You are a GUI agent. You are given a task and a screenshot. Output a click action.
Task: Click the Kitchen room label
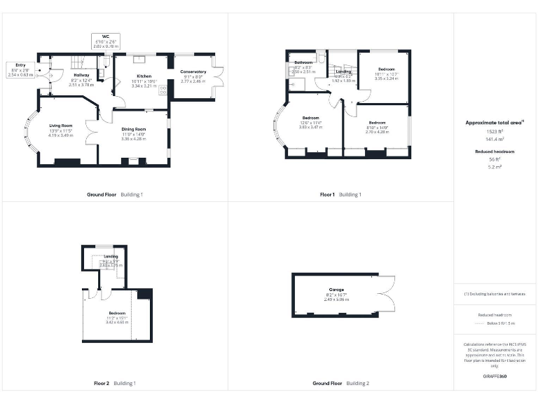point(144,76)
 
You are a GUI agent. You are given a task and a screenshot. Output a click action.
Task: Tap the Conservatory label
point(193,72)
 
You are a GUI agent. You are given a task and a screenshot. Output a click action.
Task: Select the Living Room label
point(61,126)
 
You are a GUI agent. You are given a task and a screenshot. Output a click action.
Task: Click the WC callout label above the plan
point(105,36)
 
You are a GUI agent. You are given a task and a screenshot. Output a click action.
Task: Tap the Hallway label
point(81,75)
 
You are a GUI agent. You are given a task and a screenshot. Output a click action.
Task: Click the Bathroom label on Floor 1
point(303,63)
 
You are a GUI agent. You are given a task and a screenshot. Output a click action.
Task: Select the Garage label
point(337,289)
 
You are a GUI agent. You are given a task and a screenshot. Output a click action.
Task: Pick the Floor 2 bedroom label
point(116,312)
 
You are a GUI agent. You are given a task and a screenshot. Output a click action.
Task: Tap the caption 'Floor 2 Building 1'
point(115,384)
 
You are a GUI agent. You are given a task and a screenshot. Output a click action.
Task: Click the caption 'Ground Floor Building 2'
point(340,384)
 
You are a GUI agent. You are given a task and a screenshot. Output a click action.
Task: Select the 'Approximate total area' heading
point(495,122)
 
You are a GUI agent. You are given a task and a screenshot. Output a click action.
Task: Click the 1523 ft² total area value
point(495,131)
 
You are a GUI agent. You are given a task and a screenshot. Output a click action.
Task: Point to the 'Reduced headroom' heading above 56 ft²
point(495,151)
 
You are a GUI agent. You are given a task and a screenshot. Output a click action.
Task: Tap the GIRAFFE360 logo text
point(495,377)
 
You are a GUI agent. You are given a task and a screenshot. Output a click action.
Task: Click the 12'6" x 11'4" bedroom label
point(310,117)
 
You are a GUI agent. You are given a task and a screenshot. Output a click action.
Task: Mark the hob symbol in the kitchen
point(163,90)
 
